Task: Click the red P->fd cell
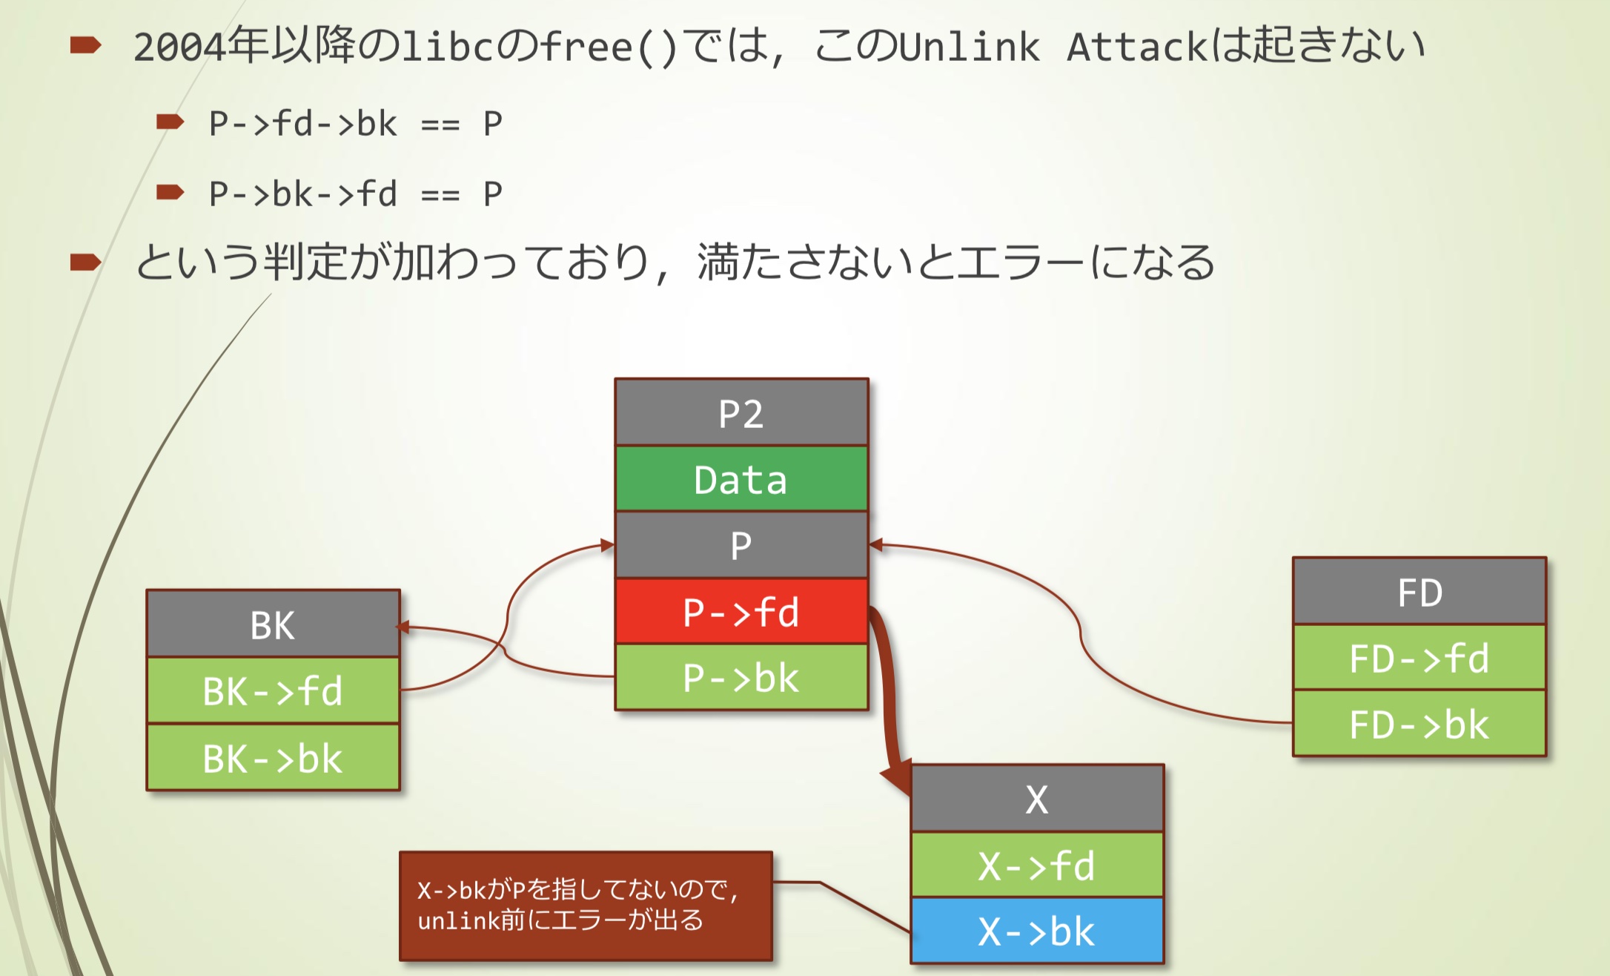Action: point(741,611)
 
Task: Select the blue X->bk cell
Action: point(1036,931)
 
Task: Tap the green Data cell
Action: point(741,479)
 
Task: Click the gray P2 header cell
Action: point(741,413)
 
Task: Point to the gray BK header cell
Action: point(273,624)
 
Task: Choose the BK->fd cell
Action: point(273,690)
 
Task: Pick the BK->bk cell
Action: point(273,757)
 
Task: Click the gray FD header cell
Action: point(1419,592)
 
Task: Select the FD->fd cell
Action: point(1419,658)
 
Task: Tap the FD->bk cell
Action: point(1419,724)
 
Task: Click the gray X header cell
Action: point(1036,799)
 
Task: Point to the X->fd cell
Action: point(1036,865)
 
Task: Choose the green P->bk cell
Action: point(741,677)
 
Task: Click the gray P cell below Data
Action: point(741,545)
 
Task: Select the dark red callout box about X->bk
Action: point(586,906)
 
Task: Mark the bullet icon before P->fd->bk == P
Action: point(170,122)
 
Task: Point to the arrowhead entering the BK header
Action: point(404,627)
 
